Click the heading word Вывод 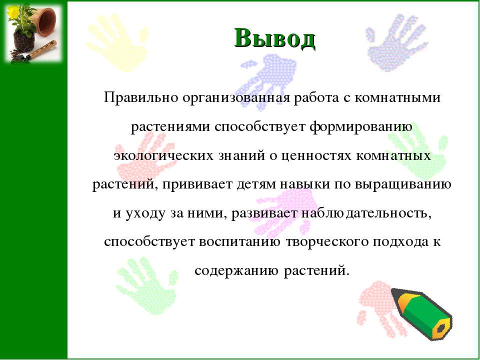(x=274, y=38)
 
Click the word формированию (x=360, y=127)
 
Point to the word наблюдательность (x=364, y=213)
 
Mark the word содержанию (x=236, y=271)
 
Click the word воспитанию (x=239, y=242)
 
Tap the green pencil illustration (x=422, y=314)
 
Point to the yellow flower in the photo (x=13, y=11)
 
